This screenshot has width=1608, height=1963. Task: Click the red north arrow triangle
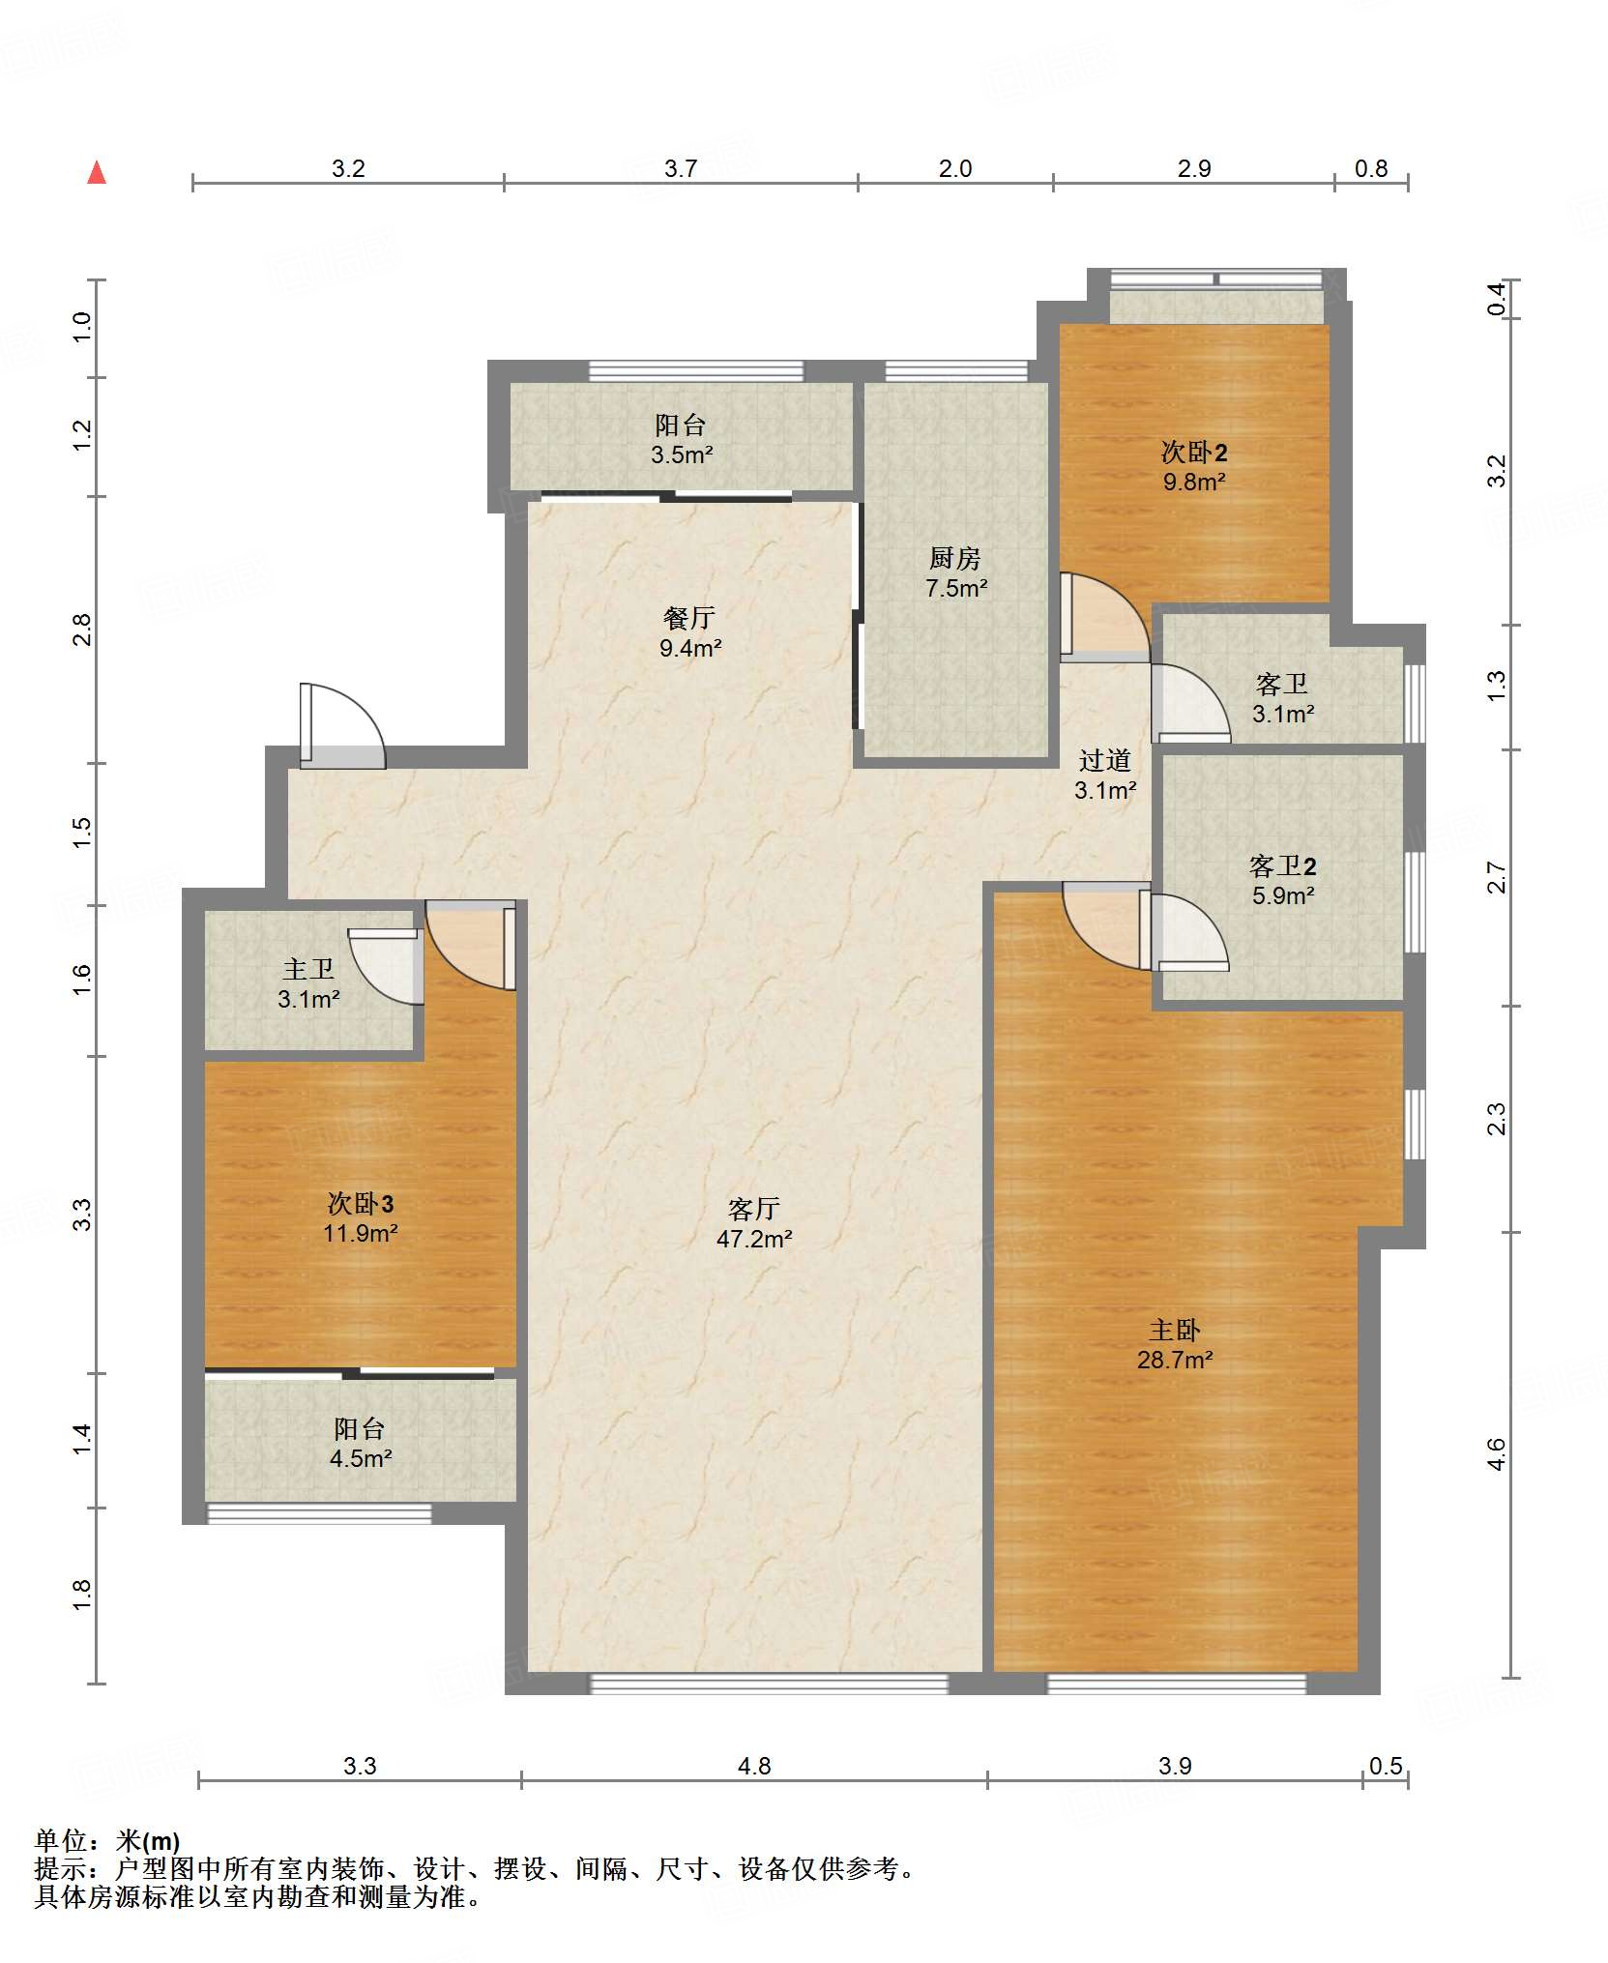(x=97, y=173)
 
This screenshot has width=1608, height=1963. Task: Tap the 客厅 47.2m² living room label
(x=754, y=1223)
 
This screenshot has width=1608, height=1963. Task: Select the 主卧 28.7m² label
(x=1175, y=1344)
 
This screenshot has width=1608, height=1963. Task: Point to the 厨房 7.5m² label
(x=955, y=572)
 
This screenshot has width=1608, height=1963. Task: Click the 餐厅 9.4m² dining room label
(x=689, y=632)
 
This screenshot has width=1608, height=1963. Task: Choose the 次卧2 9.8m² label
(x=1194, y=466)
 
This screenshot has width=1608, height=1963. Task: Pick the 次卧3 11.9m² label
(x=361, y=1217)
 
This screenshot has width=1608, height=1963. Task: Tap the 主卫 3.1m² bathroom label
(x=308, y=983)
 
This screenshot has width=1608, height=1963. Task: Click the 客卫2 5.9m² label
(x=1283, y=880)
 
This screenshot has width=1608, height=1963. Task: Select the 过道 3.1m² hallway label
(x=1105, y=775)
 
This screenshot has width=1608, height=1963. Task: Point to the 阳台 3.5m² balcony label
(x=681, y=439)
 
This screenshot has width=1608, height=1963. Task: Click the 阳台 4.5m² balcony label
(x=360, y=1443)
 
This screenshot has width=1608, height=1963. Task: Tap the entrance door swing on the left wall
(x=343, y=726)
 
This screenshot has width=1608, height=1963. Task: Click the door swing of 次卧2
(x=1104, y=618)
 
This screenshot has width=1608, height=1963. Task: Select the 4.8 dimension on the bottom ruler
(x=754, y=1766)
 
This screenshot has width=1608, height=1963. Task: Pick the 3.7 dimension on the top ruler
(x=681, y=168)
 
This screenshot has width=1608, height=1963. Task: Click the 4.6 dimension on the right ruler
(x=1496, y=1454)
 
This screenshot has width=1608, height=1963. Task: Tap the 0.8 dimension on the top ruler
(x=1371, y=168)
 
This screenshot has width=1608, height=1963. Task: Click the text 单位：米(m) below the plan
(x=107, y=1841)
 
